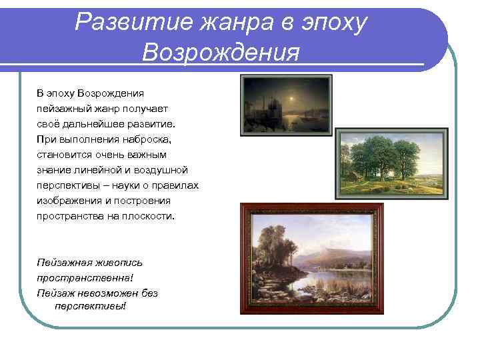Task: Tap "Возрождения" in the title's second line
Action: click(220, 52)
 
